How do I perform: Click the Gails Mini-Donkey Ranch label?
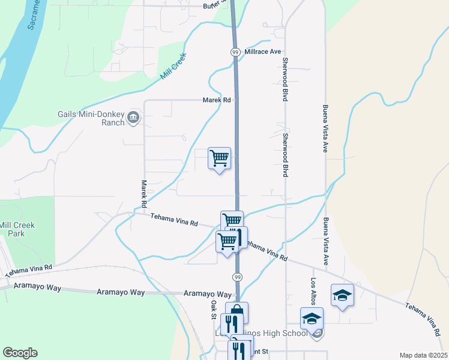(x=91, y=118)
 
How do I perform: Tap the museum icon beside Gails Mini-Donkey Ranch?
(x=134, y=116)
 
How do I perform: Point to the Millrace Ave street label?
(x=263, y=52)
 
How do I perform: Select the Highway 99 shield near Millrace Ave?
(x=235, y=52)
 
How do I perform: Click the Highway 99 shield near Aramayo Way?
(x=238, y=277)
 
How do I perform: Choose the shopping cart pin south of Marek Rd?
(x=220, y=158)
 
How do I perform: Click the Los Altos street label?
(x=313, y=291)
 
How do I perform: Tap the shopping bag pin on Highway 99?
(x=237, y=312)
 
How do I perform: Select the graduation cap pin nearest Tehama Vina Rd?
(x=342, y=295)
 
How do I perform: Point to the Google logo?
(x=20, y=353)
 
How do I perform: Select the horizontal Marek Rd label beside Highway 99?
(x=217, y=100)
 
